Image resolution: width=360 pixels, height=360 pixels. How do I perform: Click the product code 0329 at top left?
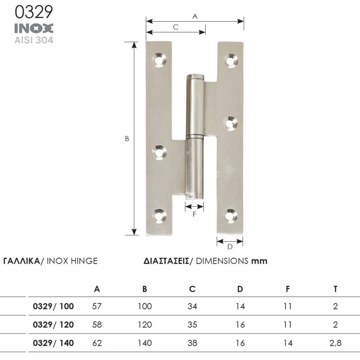pos(34,12)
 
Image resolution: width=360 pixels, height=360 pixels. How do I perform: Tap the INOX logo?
pos(34,28)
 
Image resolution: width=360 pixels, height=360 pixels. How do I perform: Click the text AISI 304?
pos(34,40)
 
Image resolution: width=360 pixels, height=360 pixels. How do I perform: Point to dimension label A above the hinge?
pos(195,17)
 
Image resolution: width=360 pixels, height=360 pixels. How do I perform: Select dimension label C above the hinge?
pos(175,27)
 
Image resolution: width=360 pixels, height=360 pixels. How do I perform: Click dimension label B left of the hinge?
pos(127,139)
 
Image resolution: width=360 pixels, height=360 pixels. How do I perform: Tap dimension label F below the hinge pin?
pos(194,214)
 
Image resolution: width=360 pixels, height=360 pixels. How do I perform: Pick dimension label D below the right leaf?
pos(230,247)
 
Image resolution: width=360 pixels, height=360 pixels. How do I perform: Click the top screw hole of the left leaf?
pos(159,60)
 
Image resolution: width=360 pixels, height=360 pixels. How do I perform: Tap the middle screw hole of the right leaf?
pos(230,123)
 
